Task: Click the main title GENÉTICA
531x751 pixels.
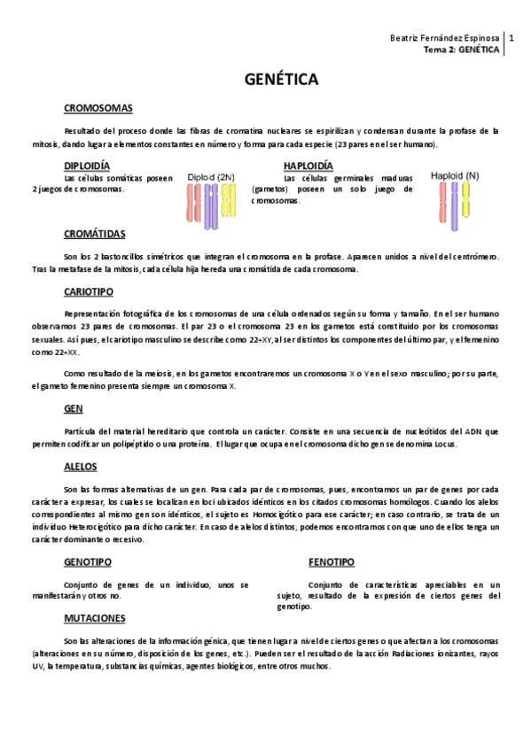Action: pyautogui.click(x=281, y=81)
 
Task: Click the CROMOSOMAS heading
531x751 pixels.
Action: pyautogui.click(x=98, y=108)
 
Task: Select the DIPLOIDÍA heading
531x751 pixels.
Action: pyautogui.click(x=87, y=166)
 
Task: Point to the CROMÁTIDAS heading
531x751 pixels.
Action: pyautogui.click(x=95, y=234)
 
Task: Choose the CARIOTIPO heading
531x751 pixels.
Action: pyautogui.click(x=88, y=290)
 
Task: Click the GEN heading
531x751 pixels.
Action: pyautogui.click(x=73, y=410)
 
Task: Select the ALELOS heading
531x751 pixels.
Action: pyautogui.click(x=80, y=466)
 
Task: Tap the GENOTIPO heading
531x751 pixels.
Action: pyautogui.click(x=87, y=561)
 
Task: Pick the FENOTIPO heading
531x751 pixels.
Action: pyautogui.click(x=331, y=561)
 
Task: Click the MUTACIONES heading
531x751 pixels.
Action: pyautogui.click(x=95, y=617)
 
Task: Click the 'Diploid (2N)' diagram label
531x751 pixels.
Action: pyautogui.click(x=211, y=177)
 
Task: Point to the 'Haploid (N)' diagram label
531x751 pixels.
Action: pyautogui.click(x=455, y=175)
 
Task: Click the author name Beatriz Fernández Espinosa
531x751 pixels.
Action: pyautogui.click(x=445, y=39)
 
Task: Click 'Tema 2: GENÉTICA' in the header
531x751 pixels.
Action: pyautogui.click(x=462, y=50)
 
